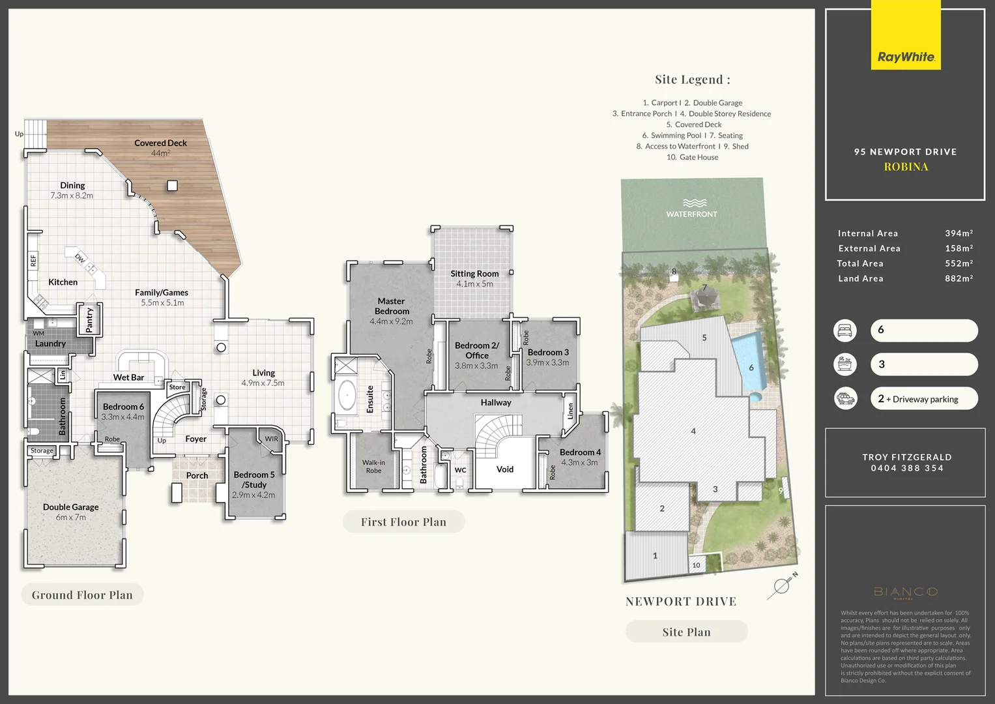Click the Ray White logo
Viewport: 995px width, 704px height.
906,57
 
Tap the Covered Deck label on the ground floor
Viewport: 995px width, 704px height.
160,143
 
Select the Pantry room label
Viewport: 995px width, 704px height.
90,319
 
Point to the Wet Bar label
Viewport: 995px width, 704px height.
128,377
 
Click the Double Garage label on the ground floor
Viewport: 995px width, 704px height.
71,507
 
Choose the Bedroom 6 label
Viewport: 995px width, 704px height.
123,407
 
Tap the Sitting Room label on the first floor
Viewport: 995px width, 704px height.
474,274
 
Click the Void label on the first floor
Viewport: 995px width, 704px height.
505,469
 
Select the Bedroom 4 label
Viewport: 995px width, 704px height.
580,452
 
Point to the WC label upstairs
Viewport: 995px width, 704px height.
460,470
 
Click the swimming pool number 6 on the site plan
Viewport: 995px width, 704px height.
751,368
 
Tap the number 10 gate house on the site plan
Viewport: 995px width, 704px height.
696,565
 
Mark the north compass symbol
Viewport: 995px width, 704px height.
781,585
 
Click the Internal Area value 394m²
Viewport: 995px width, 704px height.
959,233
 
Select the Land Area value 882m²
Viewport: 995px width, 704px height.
959,278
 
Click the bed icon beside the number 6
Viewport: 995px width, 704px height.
845,330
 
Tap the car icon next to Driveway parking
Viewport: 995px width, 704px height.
845,398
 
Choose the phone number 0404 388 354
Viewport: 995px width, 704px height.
907,468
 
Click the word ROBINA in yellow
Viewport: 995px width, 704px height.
906,167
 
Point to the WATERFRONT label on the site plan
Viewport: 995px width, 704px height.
691,214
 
